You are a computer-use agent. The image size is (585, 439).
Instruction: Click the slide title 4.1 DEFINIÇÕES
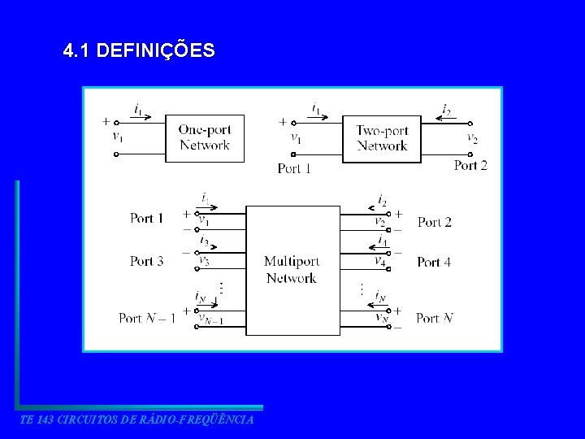tap(139, 51)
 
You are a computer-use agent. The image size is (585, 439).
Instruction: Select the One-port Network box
tap(204, 138)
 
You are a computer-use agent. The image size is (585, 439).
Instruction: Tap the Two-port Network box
tap(382, 138)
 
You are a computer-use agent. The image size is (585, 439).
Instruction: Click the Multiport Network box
tap(292, 270)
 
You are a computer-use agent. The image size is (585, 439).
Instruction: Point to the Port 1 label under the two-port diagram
tap(294, 169)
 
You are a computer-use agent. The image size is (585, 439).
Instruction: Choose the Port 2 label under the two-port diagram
tap(470, 166)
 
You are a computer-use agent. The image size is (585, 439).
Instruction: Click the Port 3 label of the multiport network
tap(146, 261)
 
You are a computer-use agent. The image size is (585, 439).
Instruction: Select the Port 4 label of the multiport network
tap(434, 262)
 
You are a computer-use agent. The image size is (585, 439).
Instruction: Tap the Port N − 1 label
tap(146, 318)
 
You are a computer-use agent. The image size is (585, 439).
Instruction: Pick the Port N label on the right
tap(435, 318)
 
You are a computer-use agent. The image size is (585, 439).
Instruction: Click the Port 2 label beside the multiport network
tap(434, 222)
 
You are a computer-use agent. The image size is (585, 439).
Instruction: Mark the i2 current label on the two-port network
tap(447, 109)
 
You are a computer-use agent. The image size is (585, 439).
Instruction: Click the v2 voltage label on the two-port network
tap(472, 138)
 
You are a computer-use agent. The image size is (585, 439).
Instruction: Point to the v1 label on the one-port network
tap(119, 137)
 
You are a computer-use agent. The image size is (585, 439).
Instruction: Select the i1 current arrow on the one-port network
tap(140, 114)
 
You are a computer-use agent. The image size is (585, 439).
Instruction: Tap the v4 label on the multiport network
tap(379, 261)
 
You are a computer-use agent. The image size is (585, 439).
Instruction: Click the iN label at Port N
tap(379, 298)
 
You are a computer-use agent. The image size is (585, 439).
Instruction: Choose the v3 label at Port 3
tap(205, 261)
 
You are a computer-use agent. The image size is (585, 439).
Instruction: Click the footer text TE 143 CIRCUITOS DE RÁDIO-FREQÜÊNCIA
tap(136, 419)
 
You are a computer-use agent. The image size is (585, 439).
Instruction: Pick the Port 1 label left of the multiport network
tap(146, 218)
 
